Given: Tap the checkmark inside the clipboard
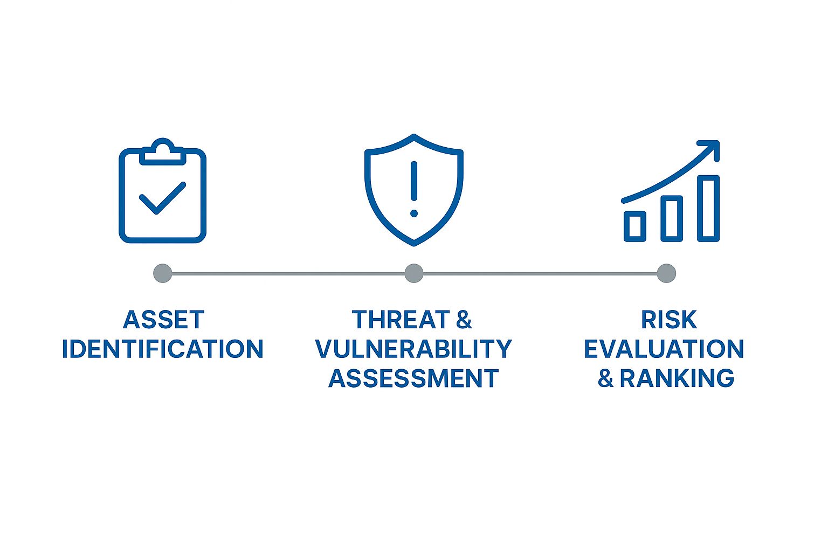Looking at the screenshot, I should pyautogui.click(x=162, y=198).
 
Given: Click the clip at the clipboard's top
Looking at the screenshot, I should pyautogui.click(x=162, y=151).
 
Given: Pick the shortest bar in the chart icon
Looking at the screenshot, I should pyautogui.click(x=635, y=226).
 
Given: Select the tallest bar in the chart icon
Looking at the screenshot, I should pyautogui.click(x=708, y=208).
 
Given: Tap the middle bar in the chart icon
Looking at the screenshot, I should pyautogui.click(x=672, y=218).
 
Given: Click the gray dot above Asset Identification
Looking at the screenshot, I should pyautogui.click(x=162, y=273).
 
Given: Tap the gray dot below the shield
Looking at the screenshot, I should pyautogui.click(x=413, y=273).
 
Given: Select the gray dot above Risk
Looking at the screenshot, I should pyautogui.click(x=666, y=273).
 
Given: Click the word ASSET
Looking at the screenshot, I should pyautogui.click(x=163, y=320).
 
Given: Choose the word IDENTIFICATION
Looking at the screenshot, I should pyautogui.click(x=162, y=349).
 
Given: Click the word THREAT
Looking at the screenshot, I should pyautogui.click(x=401, y=320).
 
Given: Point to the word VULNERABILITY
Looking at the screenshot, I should pyautogui.click(x=413, y=349).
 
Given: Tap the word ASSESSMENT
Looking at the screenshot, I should pyautogui.click(x=413, y=378).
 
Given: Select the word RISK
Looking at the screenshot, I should pyautogui.click(x=668, y=320).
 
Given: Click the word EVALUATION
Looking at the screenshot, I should pyautogui.click(x=664, y=349).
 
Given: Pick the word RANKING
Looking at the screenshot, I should pyautogui.click(x=677, y=378).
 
